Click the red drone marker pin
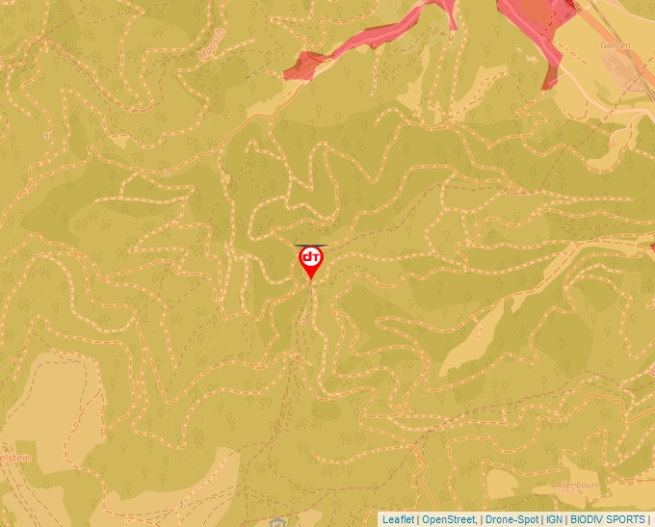pyautogui.click(x=310, y=261)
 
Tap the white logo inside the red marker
pyautogui.click(x=310, y=258)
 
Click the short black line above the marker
pyautogui.click(x=310, y=245)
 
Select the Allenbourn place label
pyautogui.click(x=578, y=484)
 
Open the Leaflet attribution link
pyautogui.click(x=398, y=519)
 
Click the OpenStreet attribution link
pyautogui.click(x=448, y=519)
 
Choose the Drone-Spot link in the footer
pyautogui.click(x=511, y=519)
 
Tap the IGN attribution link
pyautogui.click(x=554, y=519)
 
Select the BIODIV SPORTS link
pyautogui.click(x=607, y=519)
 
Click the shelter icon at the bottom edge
pyautogui.click(x=277, y=521)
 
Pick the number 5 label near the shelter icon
pyautogui.click(x=181, y=503)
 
